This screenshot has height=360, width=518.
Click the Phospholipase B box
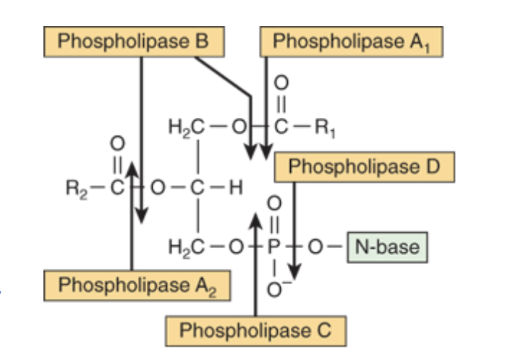pyautogui.click(x=132, y=41)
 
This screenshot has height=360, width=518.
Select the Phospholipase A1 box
pyautogui.click(x=351, y=42)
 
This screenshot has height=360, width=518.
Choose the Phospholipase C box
pyautogui.click(x=255, y=331)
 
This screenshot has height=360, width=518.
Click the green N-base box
pyautogui.click(x=387, y=247)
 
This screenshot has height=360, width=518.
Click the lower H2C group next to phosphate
pyautogui.click(x=181, y=247)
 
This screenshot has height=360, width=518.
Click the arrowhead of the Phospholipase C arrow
pyautogui.click(x=255, y=218)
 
